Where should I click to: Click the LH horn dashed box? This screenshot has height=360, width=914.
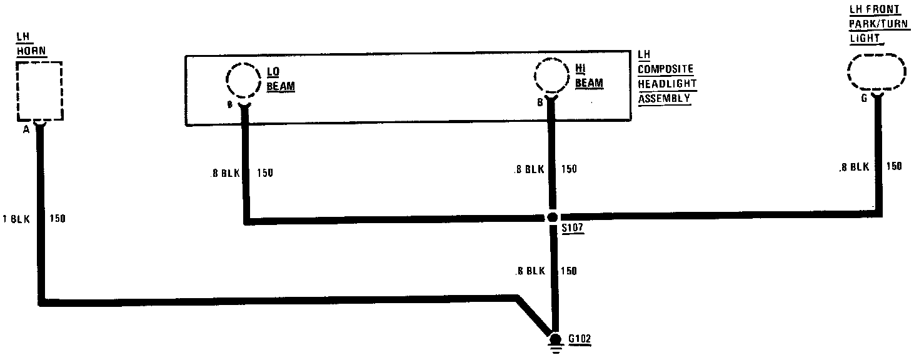39,91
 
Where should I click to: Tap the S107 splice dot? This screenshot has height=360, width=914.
552,217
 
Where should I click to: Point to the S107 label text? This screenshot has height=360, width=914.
572,229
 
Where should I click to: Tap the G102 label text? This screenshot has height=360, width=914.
580,340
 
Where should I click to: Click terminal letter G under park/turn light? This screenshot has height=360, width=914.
863,98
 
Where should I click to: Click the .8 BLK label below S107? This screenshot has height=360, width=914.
529,271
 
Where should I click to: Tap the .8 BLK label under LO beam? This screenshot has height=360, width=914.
224,172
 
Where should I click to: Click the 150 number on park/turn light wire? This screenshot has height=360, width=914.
894,167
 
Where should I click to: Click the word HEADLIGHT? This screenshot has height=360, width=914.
666,84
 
